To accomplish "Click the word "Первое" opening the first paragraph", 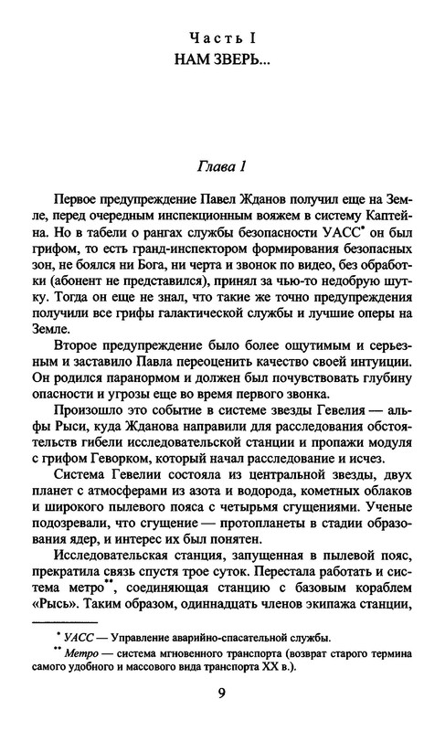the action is coord(83,199).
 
